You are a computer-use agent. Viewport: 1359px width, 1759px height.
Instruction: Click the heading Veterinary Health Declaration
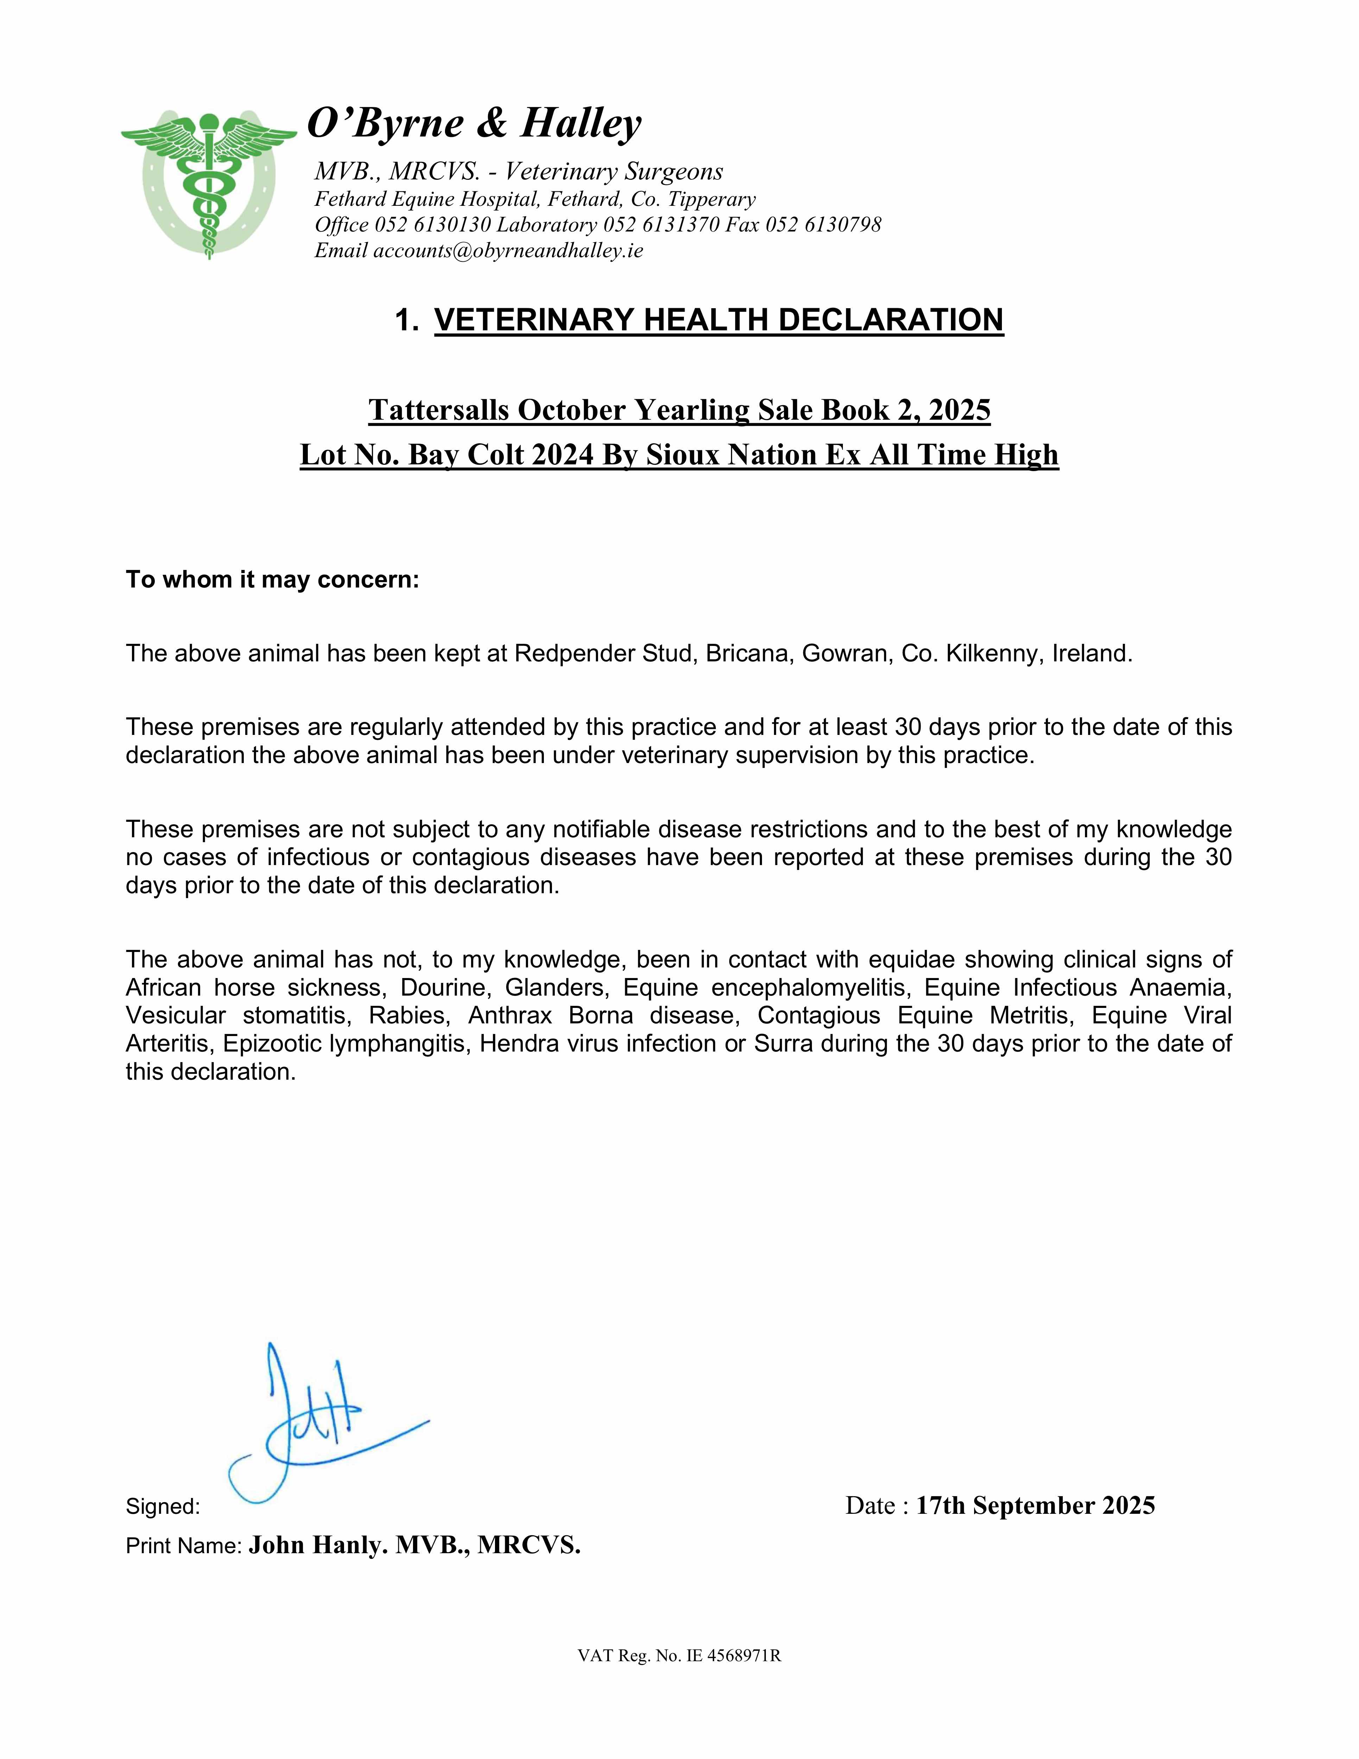tap(719, 320)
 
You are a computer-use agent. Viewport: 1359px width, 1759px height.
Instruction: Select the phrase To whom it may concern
tap(272, 580)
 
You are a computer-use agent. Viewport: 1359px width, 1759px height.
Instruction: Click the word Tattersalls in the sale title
tap(439, 410)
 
